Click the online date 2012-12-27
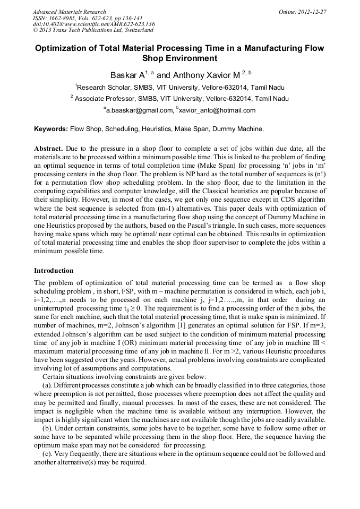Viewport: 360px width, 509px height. [312, 12]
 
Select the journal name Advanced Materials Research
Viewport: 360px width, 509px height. [69, 12]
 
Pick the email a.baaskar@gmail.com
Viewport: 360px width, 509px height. [140, 110]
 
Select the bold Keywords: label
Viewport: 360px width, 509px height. [51, 129]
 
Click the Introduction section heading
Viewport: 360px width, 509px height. [54, 270]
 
